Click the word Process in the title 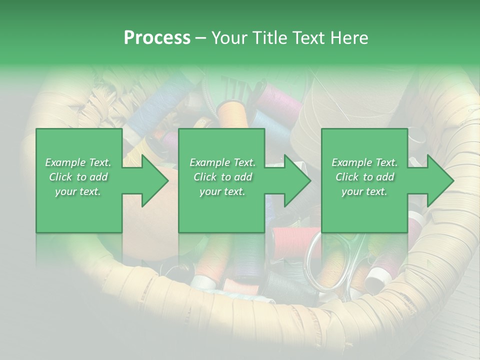click(x=157, y=37)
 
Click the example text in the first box click(x=78, y=177)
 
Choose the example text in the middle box click(x=222, y=177)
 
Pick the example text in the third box click(x=364, y=177)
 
